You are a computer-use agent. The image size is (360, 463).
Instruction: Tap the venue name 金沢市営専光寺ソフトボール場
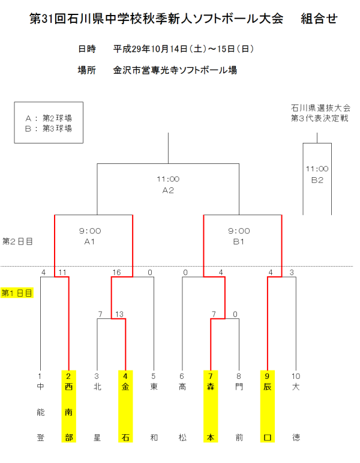click(175, 70)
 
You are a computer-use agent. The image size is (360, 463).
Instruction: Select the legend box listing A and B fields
click(49, 123)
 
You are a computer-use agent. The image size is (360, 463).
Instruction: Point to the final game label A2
click(168, 190)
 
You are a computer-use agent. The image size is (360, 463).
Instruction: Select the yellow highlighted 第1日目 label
click(17, 293)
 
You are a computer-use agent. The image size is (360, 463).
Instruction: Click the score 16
click(116, 273)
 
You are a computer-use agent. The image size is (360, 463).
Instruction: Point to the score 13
click(119, 314)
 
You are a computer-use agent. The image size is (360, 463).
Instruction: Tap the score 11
click(62, 273)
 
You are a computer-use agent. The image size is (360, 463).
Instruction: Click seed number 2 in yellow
click(68, 376)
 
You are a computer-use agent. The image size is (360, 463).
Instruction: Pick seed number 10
click(295, 376)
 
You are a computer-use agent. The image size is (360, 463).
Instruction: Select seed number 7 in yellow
click(211, 376)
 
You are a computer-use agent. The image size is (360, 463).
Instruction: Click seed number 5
click(154, 376)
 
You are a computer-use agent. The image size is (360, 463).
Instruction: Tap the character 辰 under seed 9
click(268, 387)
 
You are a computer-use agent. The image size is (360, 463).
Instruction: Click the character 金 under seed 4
click(125, 387)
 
